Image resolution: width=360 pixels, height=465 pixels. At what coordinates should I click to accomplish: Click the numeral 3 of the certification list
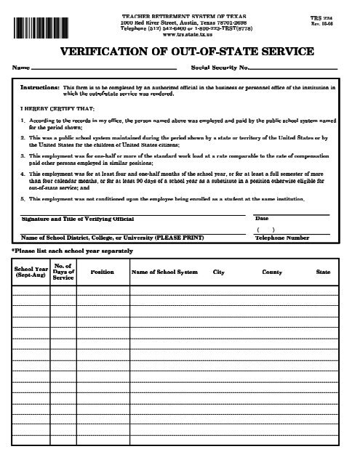(23, 155)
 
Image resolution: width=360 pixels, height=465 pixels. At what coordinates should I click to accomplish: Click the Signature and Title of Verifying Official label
(66, 218)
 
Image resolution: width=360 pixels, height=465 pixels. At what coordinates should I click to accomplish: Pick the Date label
(262, 218)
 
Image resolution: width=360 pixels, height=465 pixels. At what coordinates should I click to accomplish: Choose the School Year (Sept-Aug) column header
(30, 273)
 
